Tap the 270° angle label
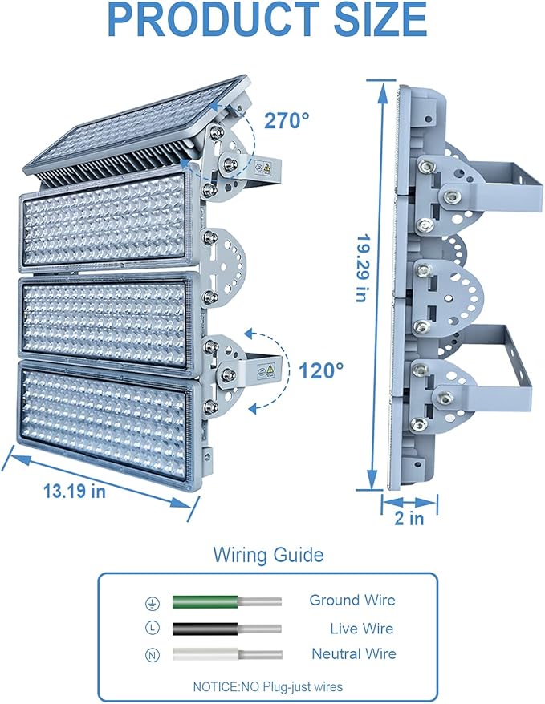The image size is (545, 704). (x=287, y=120)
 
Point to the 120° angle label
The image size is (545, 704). (x=321, y=371)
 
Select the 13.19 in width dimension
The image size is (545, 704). (x=75, y=491)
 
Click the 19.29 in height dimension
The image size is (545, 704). (x=363, y=268)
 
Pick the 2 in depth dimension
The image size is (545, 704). (x=409, y=518)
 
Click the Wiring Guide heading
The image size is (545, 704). (x=268, y=555)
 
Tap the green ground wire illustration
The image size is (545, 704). (x=227, y=601)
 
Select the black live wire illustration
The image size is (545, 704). (x=227, y=629)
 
